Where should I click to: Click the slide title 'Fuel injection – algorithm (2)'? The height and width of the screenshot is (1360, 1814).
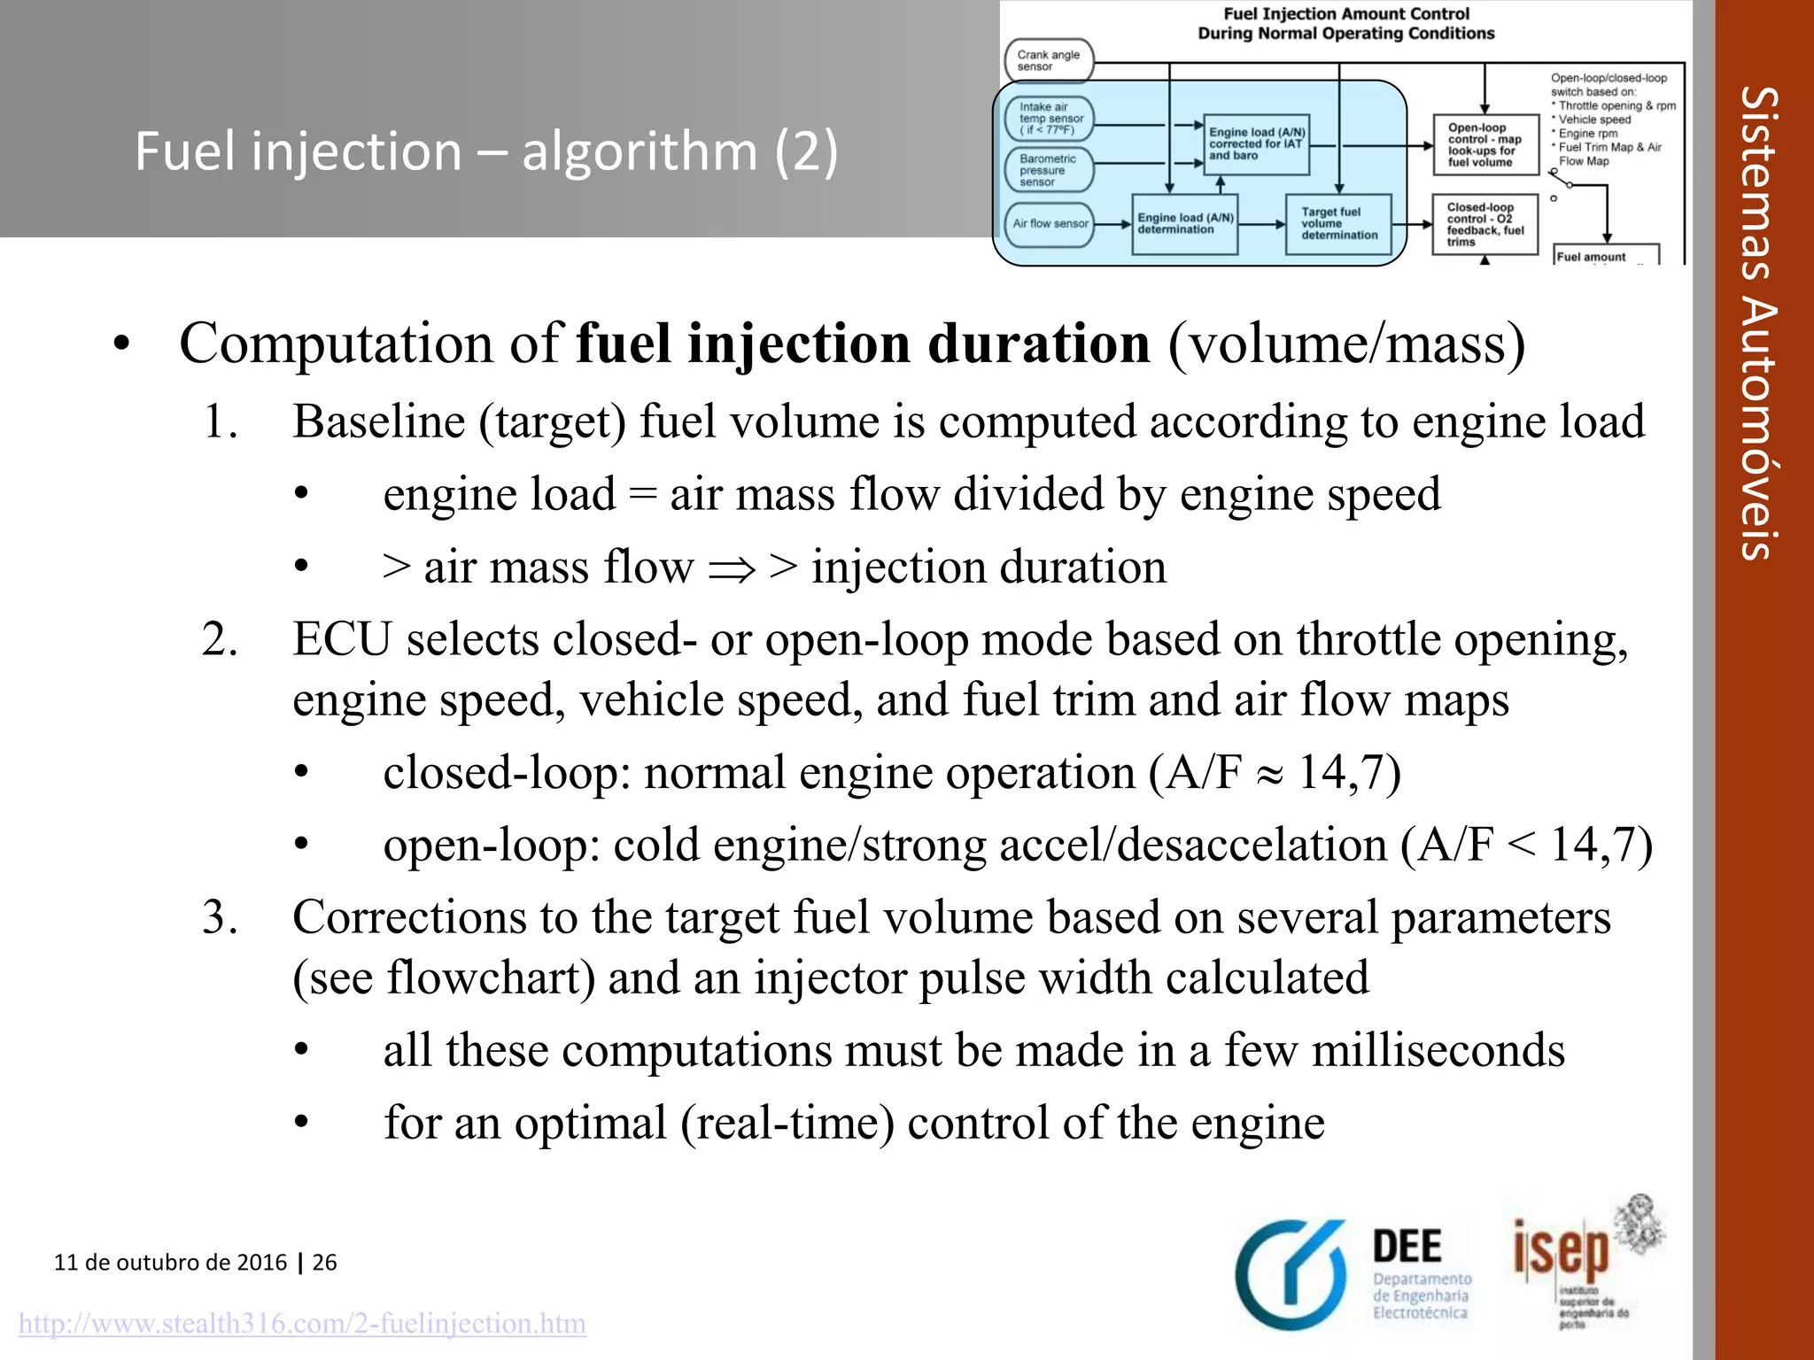[485, 151]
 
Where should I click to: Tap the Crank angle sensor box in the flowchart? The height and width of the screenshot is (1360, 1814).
[1049, 60]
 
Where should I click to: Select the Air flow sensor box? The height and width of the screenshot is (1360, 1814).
[1050, 224]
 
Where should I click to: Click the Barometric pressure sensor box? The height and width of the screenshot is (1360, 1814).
[1049, 170]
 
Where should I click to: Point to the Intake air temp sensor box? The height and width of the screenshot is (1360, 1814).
[1050, 119]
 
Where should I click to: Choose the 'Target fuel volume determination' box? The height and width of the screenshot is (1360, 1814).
[1338, 224]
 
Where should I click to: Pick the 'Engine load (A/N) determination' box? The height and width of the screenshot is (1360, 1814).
[1184, 224]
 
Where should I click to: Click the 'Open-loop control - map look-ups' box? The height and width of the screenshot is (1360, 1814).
[1485, 144]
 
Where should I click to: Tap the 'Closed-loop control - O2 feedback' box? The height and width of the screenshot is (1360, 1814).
[1485, 224]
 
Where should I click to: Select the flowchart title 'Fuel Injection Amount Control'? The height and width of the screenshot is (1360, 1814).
[1345, 14]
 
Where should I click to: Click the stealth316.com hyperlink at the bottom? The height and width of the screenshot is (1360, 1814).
[302, 1324]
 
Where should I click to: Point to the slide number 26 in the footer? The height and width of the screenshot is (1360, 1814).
[325, 1262]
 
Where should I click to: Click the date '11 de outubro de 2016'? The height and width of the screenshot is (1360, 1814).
[170, 1262]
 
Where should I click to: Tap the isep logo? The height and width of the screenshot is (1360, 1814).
[1562, 1253]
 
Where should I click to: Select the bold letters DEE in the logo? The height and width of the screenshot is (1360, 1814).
[1407, 1247]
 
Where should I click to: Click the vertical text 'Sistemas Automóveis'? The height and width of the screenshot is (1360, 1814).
[1758, 323]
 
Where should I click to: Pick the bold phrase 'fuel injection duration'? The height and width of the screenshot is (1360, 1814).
[863, 344]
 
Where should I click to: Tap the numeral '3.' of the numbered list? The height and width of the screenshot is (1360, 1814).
[220, 917]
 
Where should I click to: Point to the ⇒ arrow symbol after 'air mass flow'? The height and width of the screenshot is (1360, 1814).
[731, 568]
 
